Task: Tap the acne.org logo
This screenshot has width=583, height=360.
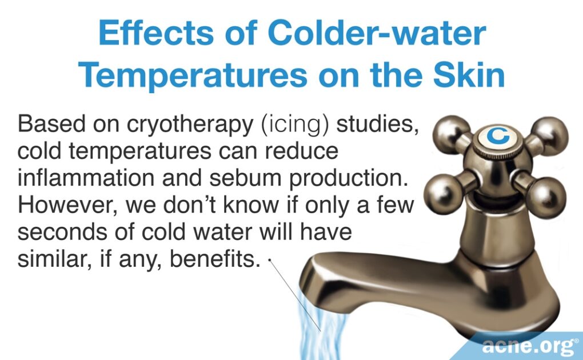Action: click(525, 346)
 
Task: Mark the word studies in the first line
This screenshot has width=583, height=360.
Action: click(378, 125)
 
